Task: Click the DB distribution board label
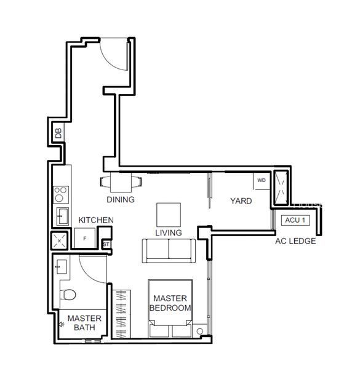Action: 58,133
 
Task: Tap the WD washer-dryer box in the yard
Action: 262,181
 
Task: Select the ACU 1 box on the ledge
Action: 295,220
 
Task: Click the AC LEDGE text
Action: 295,241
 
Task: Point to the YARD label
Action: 241,201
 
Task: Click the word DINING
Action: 121,199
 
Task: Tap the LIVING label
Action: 169,232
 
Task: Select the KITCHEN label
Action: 96,220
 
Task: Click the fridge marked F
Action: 85,238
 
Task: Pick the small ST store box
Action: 106,244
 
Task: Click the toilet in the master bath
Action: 68,295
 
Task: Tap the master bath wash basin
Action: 61,267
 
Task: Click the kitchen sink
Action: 62,216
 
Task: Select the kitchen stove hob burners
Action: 61,194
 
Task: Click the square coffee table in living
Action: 169,215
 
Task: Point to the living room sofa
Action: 169,251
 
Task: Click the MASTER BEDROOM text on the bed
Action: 170,303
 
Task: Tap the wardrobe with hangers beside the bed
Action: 121,314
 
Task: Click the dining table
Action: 121,182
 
